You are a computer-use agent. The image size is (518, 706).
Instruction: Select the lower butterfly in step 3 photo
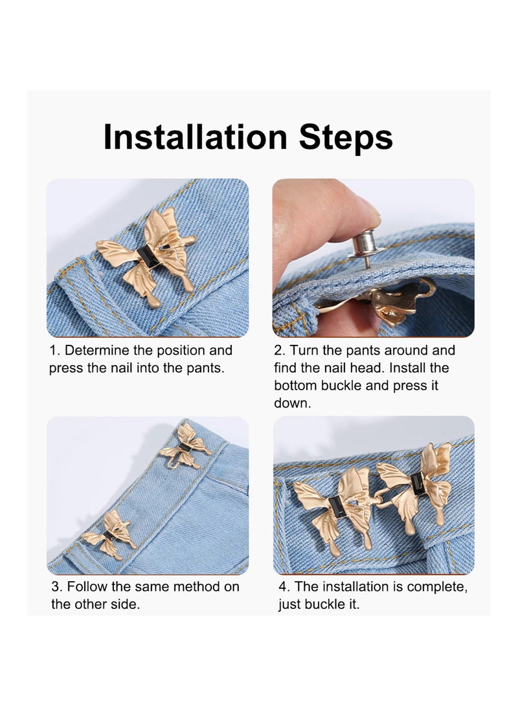pos(109,535)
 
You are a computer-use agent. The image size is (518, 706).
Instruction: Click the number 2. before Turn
pos(279,351)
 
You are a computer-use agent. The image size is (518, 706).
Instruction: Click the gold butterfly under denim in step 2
pos(388,304)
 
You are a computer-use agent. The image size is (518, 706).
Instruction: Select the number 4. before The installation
pos(284,587)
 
